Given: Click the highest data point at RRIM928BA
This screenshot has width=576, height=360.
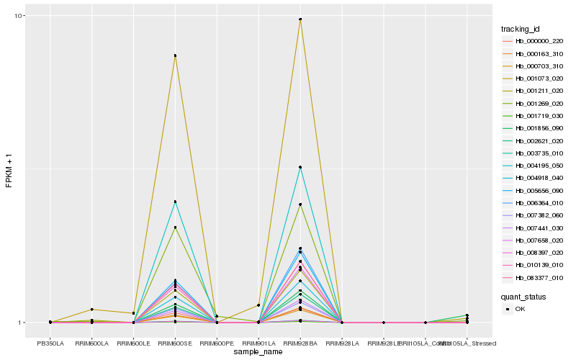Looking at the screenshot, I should [300, 19].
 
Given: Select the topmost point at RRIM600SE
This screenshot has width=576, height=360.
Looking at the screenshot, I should [175, 55].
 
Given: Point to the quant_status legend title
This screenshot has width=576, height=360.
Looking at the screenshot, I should [523, 296].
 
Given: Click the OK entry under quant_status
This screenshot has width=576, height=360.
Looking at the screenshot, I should [521, 309].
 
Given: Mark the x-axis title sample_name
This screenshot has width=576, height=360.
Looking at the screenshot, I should [258, 352].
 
